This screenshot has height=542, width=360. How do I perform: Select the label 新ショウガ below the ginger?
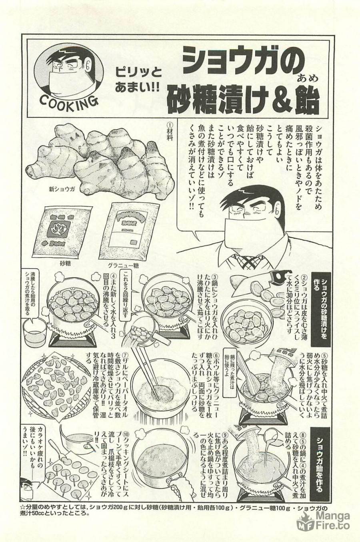point(59,189)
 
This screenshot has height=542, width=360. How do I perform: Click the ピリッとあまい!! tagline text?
point(136,80)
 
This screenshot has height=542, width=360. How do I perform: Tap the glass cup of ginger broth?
point(35,332)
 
